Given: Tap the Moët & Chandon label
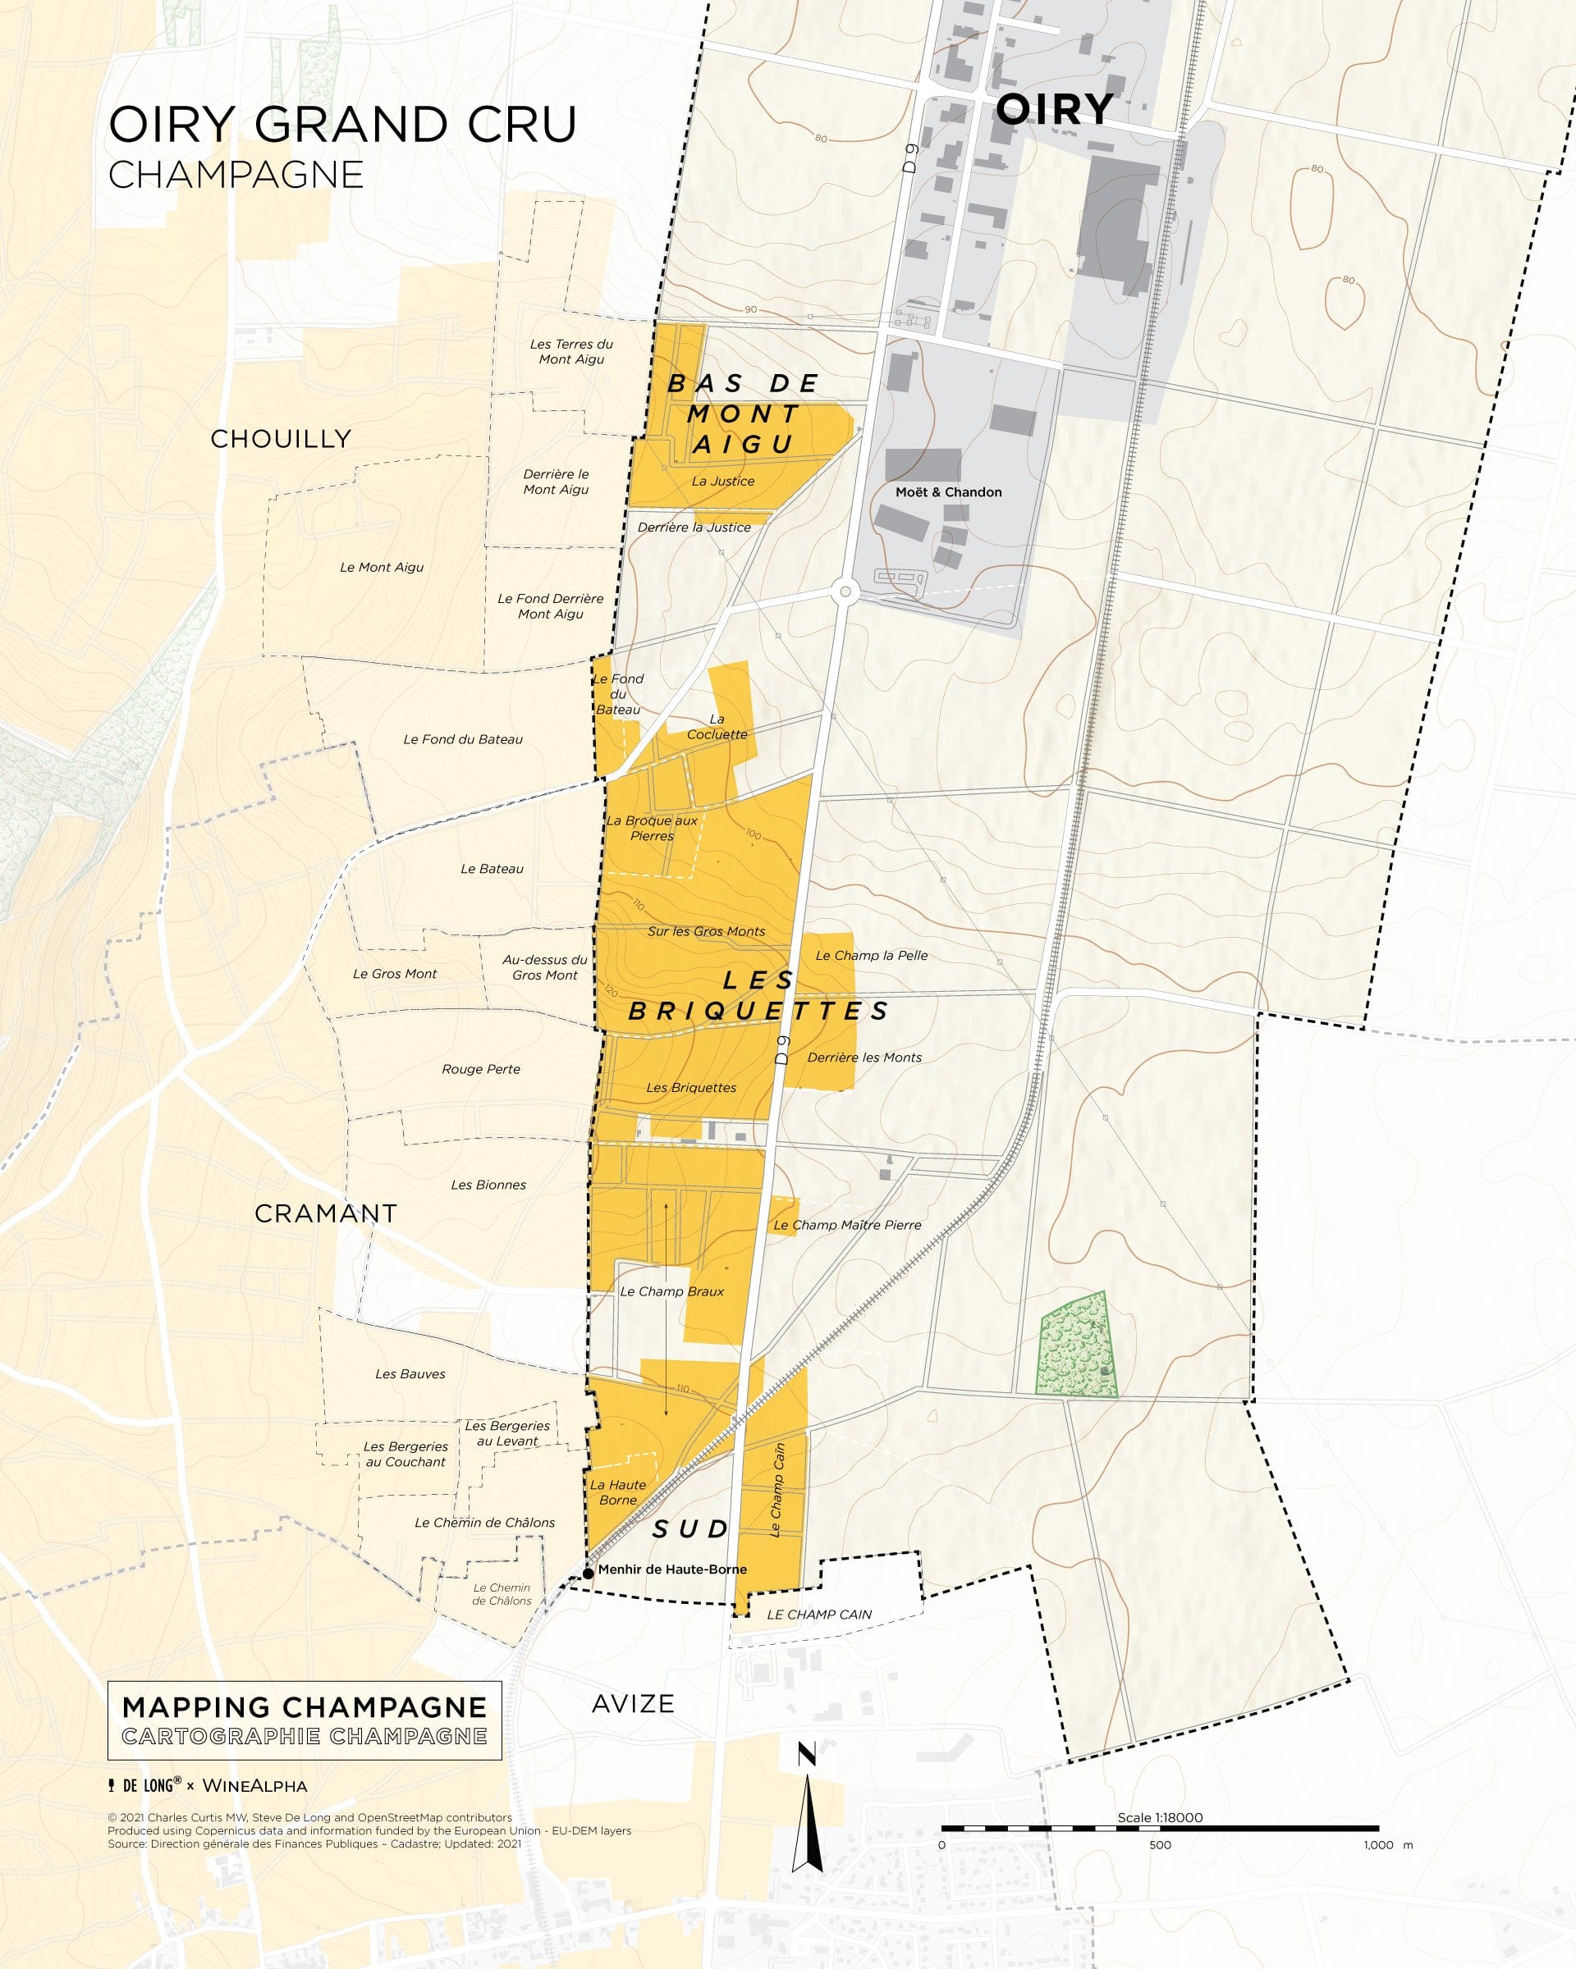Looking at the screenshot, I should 948,492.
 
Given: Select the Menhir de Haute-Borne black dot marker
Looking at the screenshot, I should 589,1573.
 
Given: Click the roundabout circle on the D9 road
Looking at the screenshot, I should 845,592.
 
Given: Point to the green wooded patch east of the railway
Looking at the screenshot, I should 1076,1346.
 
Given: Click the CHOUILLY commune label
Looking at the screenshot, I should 281,439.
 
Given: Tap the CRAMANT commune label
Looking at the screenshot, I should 325,1213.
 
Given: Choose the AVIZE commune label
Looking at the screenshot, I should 632,1704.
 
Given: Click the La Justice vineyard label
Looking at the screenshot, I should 722,482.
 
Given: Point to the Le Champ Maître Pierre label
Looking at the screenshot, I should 847,1226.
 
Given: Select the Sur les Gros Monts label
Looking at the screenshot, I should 706,931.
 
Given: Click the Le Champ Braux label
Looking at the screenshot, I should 671,1291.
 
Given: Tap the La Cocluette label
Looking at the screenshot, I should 717,727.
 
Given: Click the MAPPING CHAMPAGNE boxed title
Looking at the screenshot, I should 305,1708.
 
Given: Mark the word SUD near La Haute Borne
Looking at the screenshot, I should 689,1530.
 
